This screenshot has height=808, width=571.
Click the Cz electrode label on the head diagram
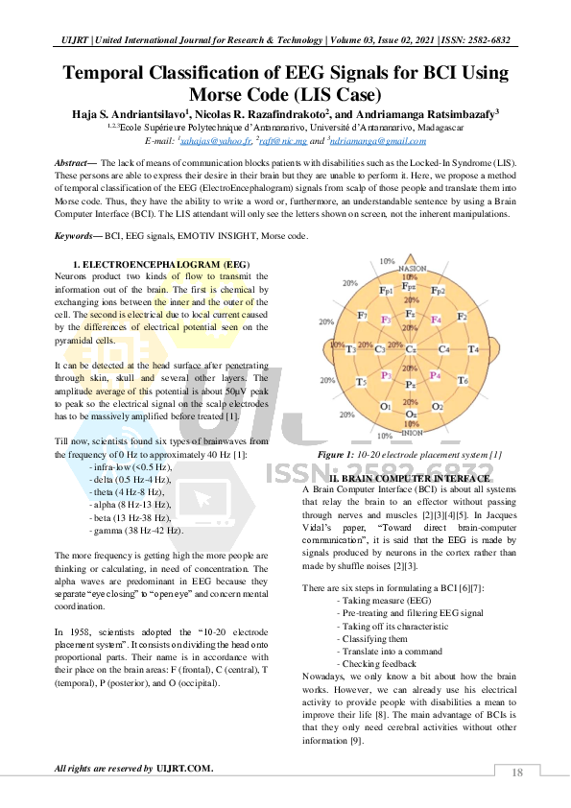410,348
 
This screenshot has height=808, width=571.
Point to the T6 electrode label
462,381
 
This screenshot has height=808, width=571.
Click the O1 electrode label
385,407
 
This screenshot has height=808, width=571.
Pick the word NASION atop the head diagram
413,269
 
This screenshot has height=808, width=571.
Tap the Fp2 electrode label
438,290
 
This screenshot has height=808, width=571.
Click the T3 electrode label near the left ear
350,348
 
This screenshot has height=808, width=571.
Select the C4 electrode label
444,348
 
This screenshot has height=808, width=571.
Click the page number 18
516,772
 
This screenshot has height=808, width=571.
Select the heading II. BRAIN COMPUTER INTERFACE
410,478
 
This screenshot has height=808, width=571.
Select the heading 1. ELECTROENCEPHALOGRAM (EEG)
161,263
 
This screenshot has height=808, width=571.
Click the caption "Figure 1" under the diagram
338,454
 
